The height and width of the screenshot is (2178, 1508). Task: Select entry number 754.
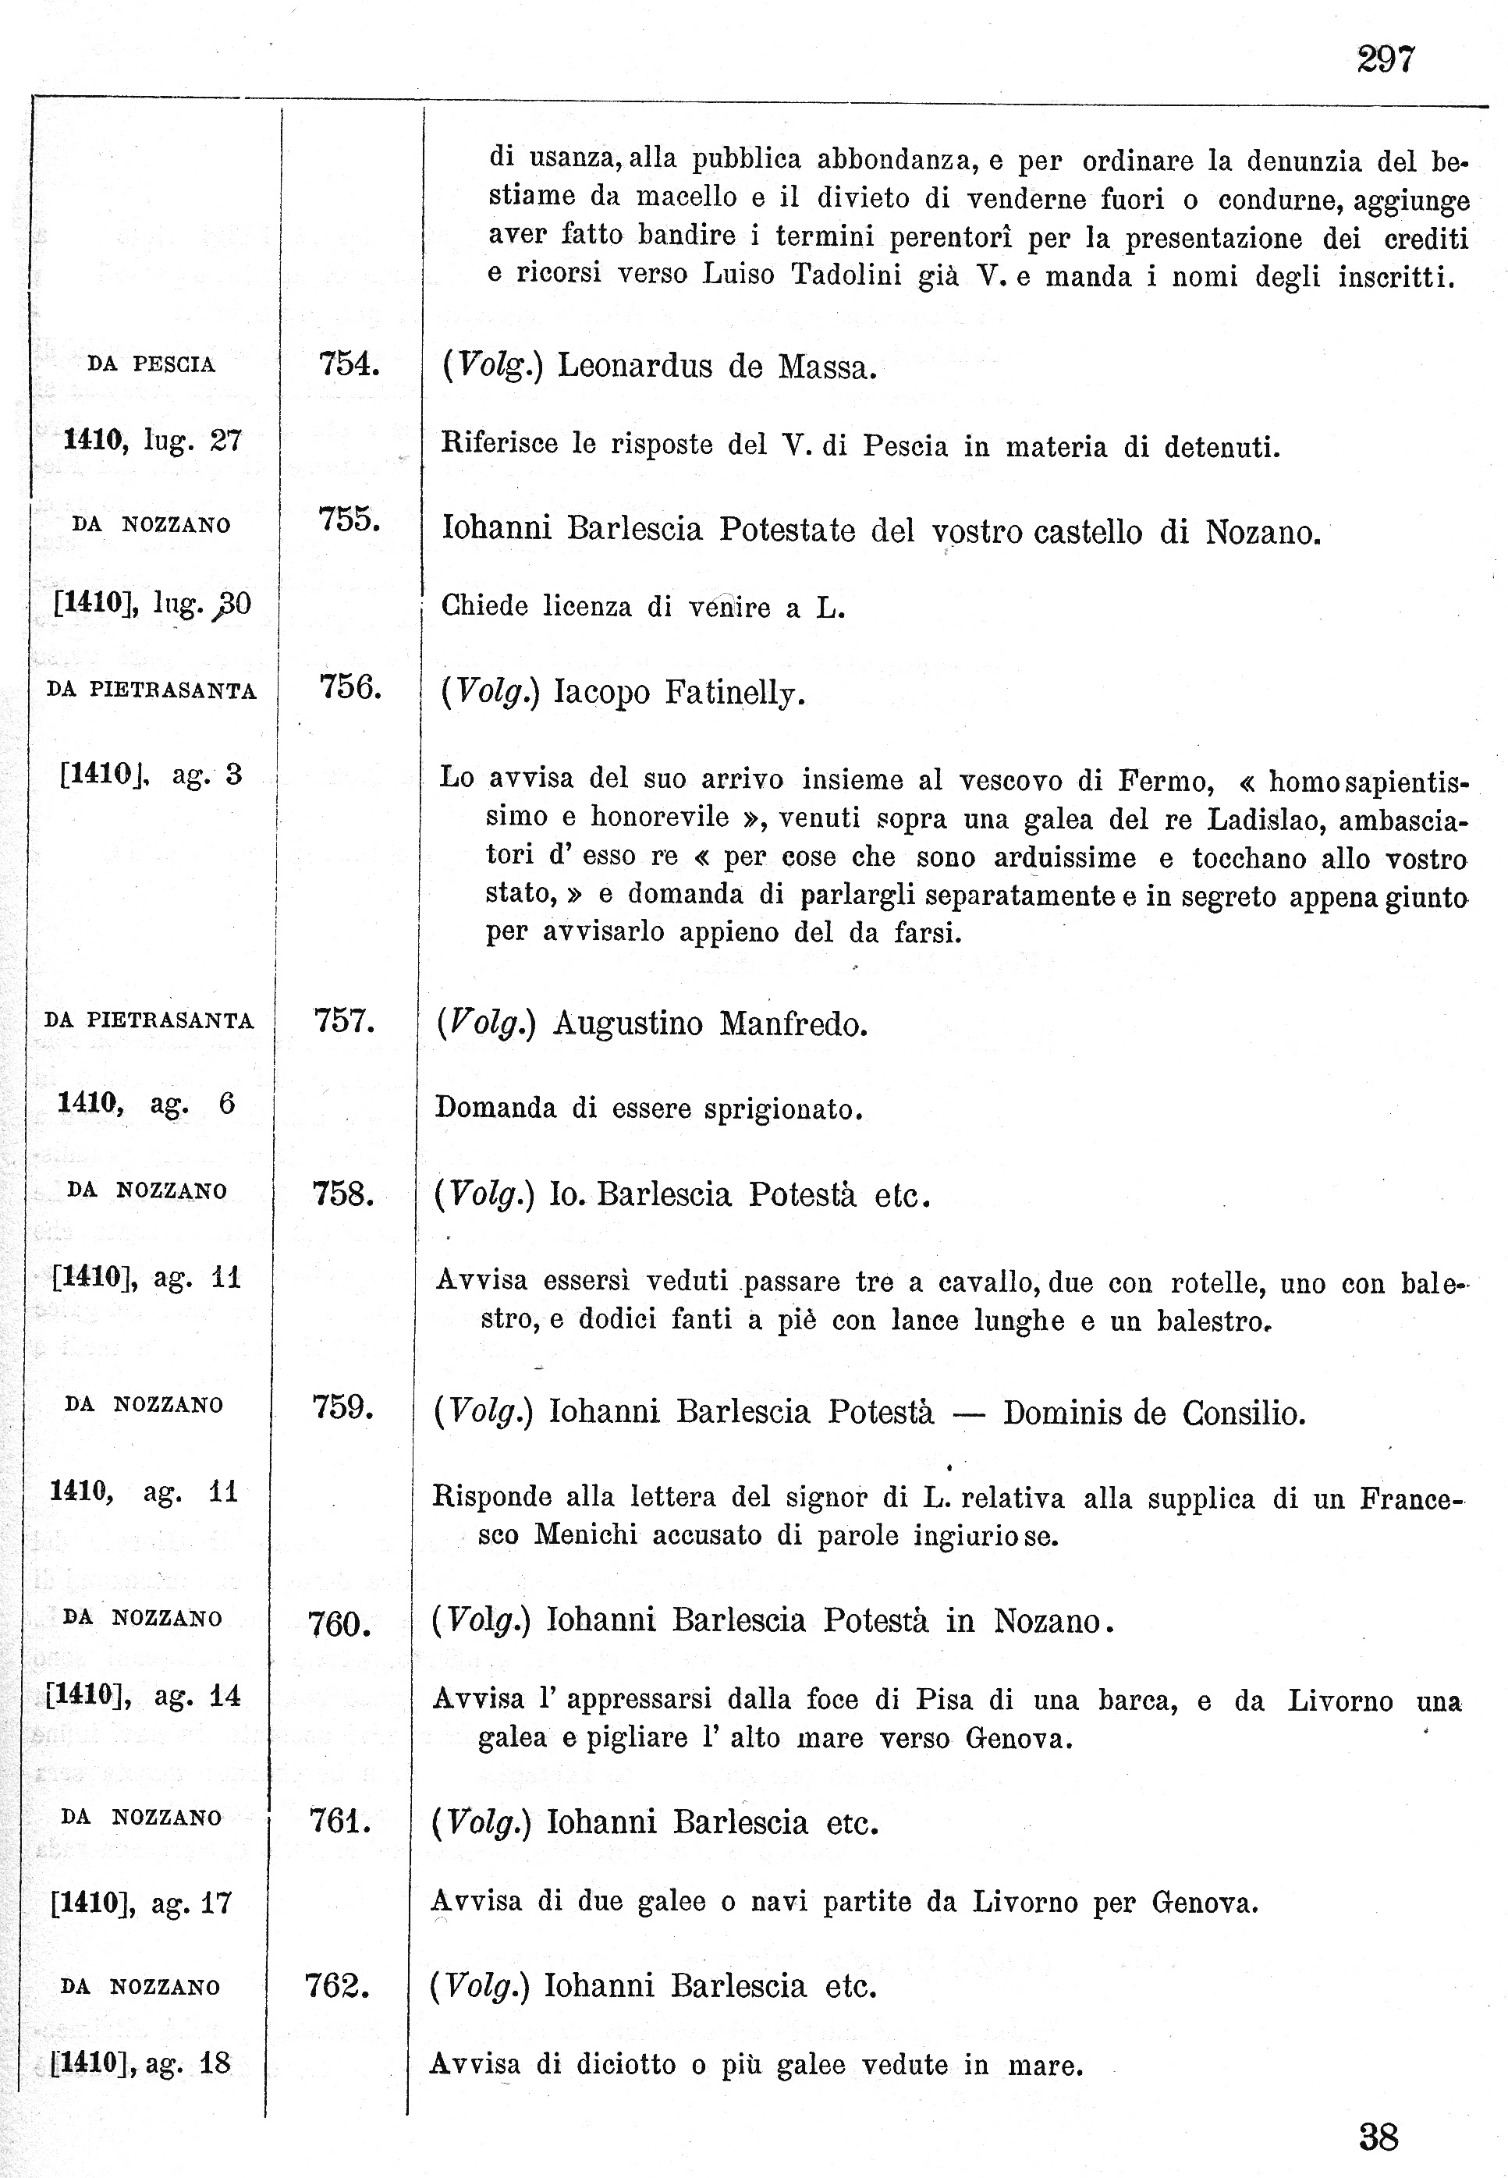pyautogui.click(x=349, y=364)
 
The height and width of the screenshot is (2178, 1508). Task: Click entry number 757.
pyautogui.click(x=345, y=1021)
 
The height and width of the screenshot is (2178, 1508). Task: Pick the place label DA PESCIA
pyautogui.click(x=151, y=365)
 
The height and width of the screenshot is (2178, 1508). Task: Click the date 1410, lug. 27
pyautogui.click(x=152, y=440)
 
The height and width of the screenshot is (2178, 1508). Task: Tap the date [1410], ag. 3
pyautogui.click(x=151, y=775)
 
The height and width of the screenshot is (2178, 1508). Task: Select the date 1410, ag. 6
pyautogui.click(x=147, y=1103)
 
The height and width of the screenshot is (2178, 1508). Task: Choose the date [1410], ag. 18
pyautogui.click(x=140, y=2063)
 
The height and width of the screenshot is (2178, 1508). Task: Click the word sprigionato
pyautogui.click(x=783, y=1109)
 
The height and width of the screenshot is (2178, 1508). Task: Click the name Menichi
pyautogui.click(x=586, y=1534)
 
